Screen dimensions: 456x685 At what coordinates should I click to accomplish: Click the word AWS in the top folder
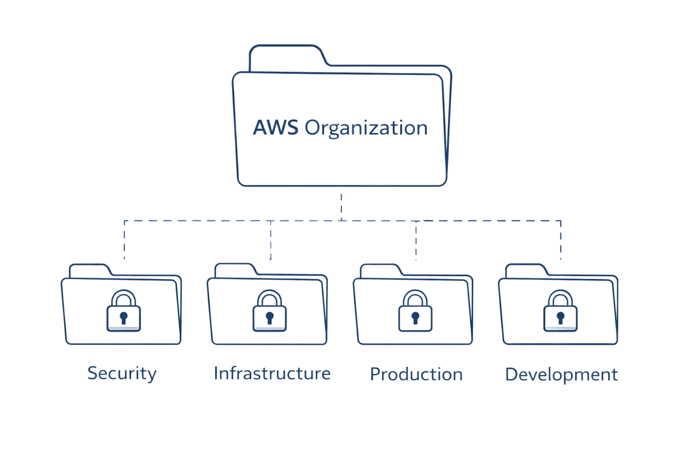tap(275, 127)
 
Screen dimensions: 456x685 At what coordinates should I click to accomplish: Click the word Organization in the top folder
tap(366, 128)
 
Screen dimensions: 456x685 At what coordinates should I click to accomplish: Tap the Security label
tap(122, 373)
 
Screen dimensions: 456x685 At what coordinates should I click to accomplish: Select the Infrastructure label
tap(272, 373)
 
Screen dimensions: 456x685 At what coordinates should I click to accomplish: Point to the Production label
tap(416, 374)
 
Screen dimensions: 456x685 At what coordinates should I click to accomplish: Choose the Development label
tap(561, 375)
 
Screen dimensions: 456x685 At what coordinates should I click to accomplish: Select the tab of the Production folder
tap(379, 270)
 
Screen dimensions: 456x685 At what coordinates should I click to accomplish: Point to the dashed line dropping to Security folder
tap(124, 240)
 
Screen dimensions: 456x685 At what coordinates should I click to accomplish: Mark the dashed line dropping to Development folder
tap(561, 240)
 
